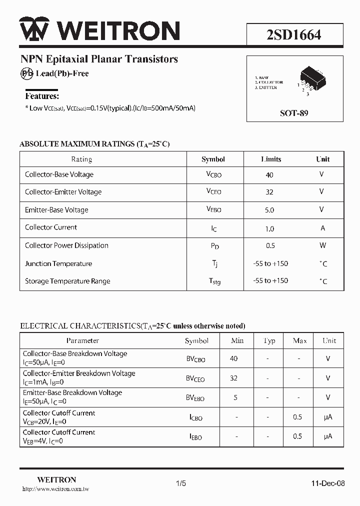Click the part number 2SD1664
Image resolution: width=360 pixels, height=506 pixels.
pyautogui.click(x=294, y=34)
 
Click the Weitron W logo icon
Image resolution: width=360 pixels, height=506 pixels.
pyautogui.click(x=34, y=30)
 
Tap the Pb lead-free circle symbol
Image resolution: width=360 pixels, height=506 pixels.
pyautogui.click(x=26, y=73)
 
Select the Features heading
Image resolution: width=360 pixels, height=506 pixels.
pyautogui.click(x=42, y=96)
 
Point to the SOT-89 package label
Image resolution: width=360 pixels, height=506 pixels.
pyautogui.click(x=294, y=113)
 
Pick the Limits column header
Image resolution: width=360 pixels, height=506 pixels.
pyautogui.click(x=271, y=159)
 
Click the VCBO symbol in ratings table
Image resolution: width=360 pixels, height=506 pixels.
pyautogui.click(x=213, y=174)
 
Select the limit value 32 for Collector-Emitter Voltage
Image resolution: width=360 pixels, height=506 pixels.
pyautogui.click(x=269, y=192)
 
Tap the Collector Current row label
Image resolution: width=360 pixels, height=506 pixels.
pyautogui.click(x=51, y=227)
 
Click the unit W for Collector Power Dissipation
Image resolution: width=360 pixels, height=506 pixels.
pyautogui.click(x=322, y=245)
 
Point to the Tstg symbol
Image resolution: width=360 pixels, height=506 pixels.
pyautogui.click(x=214, y=281)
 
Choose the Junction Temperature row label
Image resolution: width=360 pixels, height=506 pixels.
pyautogui.click(x=58, y=263)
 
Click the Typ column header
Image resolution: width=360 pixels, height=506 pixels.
pyautogui.click(x=269, y=341)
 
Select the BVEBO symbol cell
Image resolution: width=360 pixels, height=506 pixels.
pyautogui.click(x=195, y=398)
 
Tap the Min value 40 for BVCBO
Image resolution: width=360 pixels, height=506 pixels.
pyautogui.click(x=233, y=358)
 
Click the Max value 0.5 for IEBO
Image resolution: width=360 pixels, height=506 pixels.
pyautogui.click(x=297, y=436)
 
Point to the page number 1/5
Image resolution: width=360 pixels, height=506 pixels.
pyautogui.click(x=181, y=483)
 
